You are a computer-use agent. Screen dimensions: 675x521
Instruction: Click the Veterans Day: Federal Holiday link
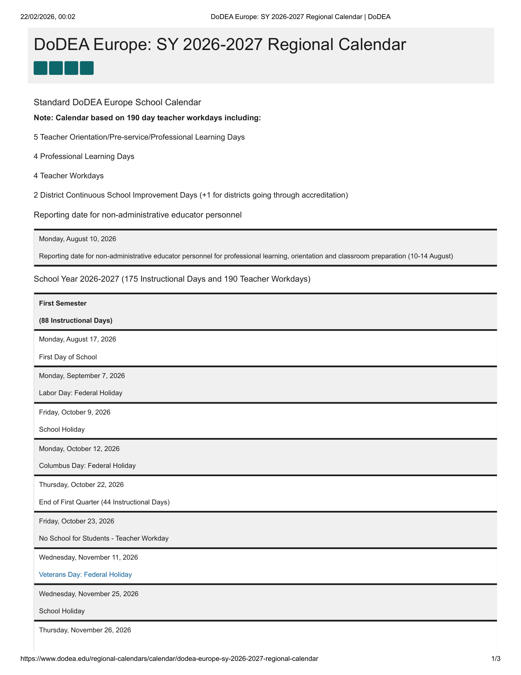pos(85,575)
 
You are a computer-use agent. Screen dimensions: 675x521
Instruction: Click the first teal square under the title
pos(40,68)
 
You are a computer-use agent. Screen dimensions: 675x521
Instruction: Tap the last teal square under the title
pos(87,68)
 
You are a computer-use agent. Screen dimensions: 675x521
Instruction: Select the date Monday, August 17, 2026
pos(78,339)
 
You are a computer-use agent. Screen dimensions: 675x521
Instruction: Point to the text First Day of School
pos(68,357)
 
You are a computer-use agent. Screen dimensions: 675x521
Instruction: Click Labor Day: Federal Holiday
pos(81,393)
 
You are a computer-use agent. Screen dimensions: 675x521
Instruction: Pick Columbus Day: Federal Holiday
pos(87,465)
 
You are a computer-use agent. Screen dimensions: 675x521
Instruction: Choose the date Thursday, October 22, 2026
pos(81,484)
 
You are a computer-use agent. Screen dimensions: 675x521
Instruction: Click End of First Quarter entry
pos(104,502)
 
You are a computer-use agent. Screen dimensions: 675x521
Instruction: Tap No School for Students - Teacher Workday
pos(104,538)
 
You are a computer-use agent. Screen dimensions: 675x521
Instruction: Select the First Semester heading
pos(63,303)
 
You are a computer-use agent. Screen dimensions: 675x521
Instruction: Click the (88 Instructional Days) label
pos(76,321)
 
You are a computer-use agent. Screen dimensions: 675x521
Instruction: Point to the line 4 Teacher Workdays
pos(69,176)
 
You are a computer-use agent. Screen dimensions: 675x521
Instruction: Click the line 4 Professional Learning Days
pos(84,156)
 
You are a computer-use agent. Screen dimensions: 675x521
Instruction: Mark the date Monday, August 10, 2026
pos(78,239)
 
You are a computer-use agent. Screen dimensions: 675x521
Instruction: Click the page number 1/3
pos(496,659)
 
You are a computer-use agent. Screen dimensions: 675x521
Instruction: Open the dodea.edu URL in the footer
pos(169,659)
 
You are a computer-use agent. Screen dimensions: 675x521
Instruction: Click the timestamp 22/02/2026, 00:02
pos(48,17)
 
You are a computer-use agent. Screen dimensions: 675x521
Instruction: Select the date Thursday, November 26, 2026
pos(85,630)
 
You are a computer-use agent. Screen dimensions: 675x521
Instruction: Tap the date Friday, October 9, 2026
pos(75,412)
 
